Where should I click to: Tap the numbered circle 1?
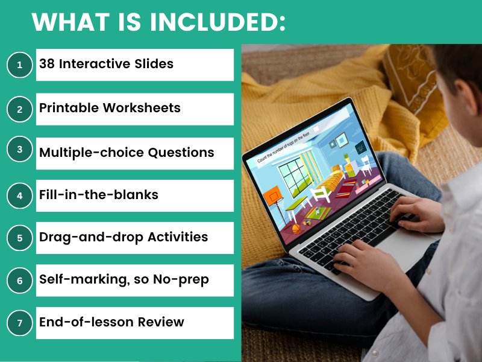point(20,65)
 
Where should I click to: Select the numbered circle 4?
point(20,195)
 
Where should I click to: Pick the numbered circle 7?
point(20,323)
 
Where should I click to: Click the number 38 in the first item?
point(47,64)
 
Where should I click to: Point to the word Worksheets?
point(142,108)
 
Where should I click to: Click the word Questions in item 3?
point(181,153)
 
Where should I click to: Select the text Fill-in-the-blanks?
point(99,195)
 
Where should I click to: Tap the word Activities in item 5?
point(178,237)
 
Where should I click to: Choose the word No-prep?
point(181,280)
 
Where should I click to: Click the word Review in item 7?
point(161,322)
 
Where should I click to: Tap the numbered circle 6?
point(20,281)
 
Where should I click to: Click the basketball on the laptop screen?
point(296,229)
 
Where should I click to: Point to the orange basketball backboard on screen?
point(272,195)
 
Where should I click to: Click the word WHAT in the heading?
point(70,22)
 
